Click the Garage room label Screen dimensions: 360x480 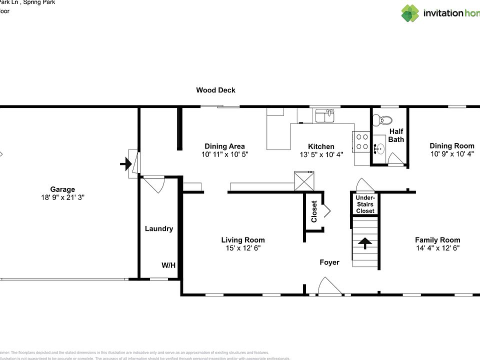pos(62,189)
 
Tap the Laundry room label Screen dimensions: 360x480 pos(159,228)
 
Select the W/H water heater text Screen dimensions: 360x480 pos(168,265)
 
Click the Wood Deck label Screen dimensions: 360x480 pos(215,90)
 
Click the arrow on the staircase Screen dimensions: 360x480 pos(365,243)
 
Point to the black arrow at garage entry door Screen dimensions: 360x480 pos(125,163)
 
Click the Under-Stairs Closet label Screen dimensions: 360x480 pos(365,204)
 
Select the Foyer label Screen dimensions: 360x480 pos(329,262)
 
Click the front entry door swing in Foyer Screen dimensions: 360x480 pos(330,287)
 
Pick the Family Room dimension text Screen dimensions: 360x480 pos(437,248)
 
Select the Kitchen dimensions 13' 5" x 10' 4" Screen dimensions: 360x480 pos(321,154)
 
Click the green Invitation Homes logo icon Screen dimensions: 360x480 pos(410,13)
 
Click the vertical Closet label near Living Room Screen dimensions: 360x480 pos(314,211)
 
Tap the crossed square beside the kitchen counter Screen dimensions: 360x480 pos(304,180)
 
